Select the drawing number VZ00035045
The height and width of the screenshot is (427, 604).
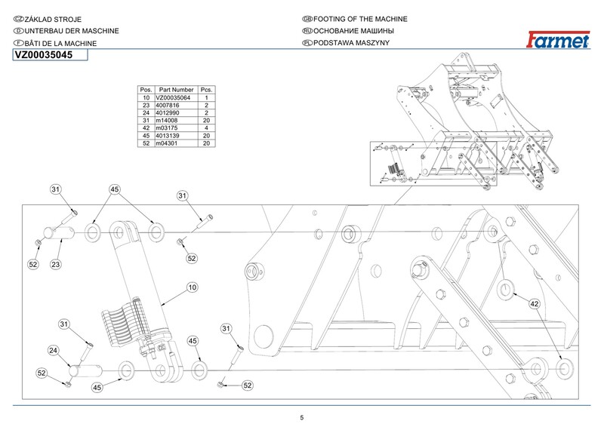tap(44, 55)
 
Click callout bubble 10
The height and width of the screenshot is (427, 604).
tap(192, 287)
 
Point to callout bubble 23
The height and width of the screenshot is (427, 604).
tap(57, 265)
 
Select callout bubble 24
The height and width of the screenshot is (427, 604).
tap(54, 351)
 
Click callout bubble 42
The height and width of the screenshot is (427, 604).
tap(534, 303)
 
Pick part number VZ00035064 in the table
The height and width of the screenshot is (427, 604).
tap(174, 99)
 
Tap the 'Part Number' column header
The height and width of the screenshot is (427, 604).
tap(177, 90)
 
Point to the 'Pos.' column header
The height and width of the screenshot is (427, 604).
tap(146, 90)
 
